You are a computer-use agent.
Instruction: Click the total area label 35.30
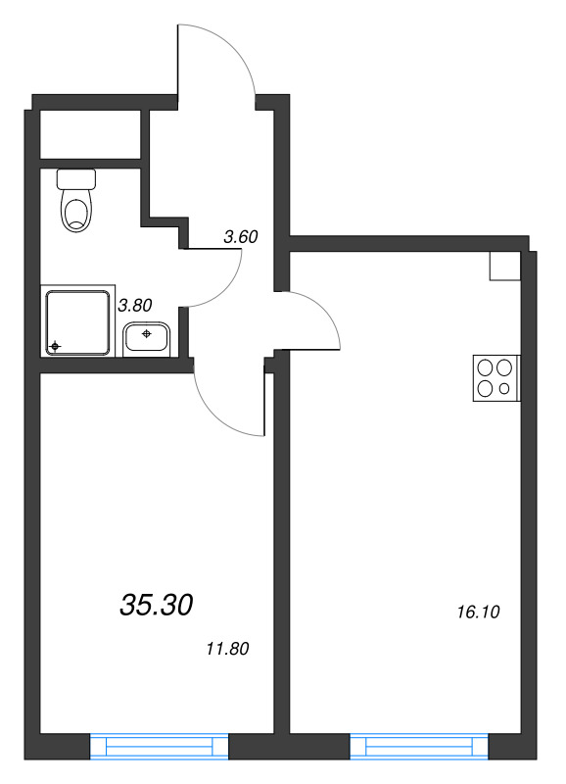coord(157,605)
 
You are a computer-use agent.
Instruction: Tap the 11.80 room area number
coord(227,649)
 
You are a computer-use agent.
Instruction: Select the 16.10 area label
coord(478,612)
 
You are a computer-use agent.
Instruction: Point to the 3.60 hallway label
coord(241,236)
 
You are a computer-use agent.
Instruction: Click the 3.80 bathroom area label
coord(135,305)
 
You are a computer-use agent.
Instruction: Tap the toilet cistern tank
coord(76,178)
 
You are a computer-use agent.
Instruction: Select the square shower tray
coord(78,323)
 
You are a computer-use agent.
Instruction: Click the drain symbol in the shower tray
coord(55,346)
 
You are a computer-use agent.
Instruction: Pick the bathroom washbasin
coord(147,338)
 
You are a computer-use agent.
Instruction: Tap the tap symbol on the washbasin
coord(146,333)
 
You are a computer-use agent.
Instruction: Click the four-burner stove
coord(496,378)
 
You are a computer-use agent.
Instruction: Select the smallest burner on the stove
coord(504,388)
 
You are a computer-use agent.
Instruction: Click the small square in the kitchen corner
coord(505,266)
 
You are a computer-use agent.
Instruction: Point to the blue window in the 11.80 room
coord(159,747)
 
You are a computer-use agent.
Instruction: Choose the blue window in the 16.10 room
coord(419,747)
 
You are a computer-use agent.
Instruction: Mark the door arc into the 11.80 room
coord(213,412)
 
